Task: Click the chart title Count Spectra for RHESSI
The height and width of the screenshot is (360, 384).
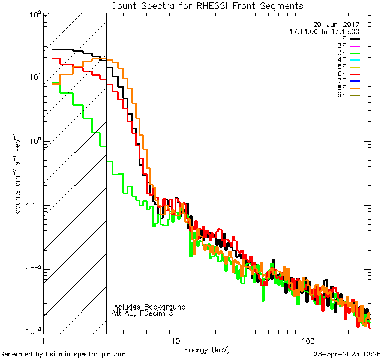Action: pos(207,6)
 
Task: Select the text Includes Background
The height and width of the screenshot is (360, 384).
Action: pos(149,307)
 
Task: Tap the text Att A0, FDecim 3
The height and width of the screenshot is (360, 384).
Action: pos(143,314)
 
